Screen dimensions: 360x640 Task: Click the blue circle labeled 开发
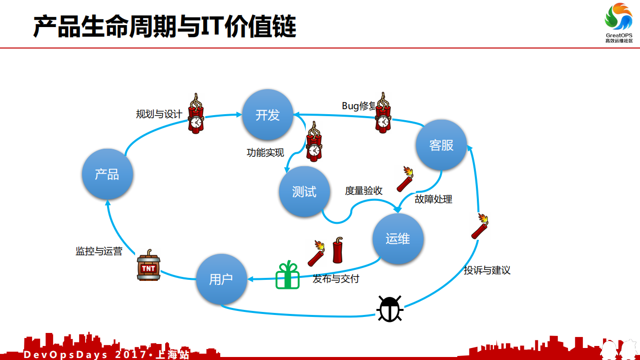(x=268, y=115)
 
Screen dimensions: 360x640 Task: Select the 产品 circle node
(x=107, y=174)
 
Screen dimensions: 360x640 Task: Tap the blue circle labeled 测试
(x=304, y=191)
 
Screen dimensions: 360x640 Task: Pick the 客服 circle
(x=441, y=145)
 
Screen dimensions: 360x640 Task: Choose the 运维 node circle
(x=398, y=238)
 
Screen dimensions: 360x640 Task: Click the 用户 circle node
(x=221, y=279)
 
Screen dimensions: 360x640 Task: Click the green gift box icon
(x=287, y=275)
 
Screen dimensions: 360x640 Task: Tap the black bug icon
(x=390, y=308)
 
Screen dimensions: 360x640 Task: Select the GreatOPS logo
(x=619, y=23)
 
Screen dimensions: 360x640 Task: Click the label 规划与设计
(x=159, y=114)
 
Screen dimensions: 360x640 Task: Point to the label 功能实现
(x=265, y=153)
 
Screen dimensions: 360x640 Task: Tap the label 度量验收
(x=364, y=190)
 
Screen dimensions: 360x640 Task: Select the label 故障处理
(x=433, y=199)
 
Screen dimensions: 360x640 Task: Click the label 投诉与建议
(x=487, y=270)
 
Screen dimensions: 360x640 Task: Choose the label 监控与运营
(x=99, y=251)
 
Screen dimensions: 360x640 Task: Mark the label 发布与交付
(x=336, y=278)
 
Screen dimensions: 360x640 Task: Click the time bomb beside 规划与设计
(x=196, y=114)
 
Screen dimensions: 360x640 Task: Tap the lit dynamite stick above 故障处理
(x=405, y=179)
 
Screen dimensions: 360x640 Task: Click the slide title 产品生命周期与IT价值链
(x=165, y=26)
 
